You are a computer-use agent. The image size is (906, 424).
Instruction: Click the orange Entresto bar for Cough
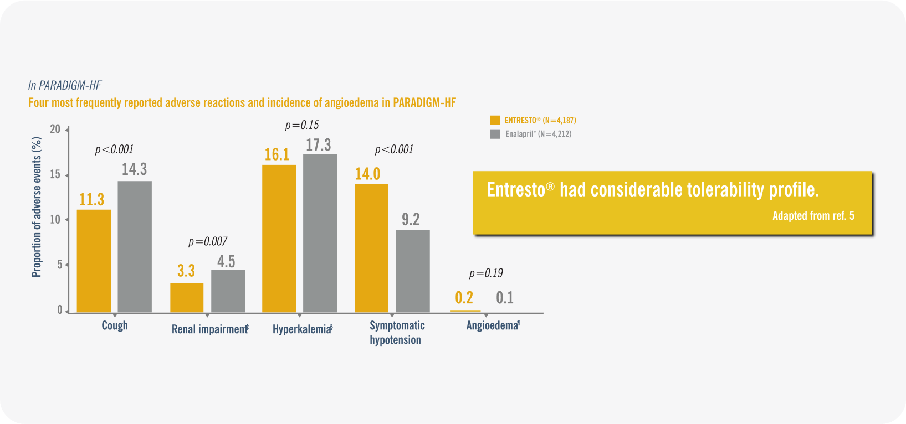[x=94, y=261]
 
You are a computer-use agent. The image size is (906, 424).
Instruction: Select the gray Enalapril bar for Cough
[x=135, y=246]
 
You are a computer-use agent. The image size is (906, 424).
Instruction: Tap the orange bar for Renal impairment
[x=187, y=297]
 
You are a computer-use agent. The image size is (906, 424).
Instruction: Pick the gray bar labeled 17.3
[x=320, y=233]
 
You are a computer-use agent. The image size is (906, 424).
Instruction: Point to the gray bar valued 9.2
[x=413, y=271]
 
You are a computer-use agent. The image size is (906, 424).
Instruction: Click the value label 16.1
[x=277, y=154]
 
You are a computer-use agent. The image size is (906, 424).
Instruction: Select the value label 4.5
[x=226, y=261]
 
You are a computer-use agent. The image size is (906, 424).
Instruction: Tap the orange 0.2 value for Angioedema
[x=464, y=298]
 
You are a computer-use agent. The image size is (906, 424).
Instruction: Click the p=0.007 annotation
[x=208, y=241]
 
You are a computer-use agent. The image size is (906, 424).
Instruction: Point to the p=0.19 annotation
[x=486, y=273]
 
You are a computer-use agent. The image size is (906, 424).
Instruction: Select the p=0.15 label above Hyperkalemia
[x=302, y=125]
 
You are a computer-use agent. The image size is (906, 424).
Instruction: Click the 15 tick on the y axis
[x=55, y=174]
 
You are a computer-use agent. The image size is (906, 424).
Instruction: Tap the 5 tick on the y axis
[x=59, y=265]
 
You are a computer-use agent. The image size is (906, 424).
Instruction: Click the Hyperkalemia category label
[x=302, y=329]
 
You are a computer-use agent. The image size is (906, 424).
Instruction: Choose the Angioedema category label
[x=492, y=325]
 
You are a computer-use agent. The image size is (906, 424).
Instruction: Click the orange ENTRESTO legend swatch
[x=495, y=120]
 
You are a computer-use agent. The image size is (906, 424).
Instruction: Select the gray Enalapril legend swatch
[x=495, y=134]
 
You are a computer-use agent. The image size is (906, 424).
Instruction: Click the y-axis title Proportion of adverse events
[x=37, y=207]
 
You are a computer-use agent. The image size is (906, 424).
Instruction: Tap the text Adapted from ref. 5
[x=813, y=216]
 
